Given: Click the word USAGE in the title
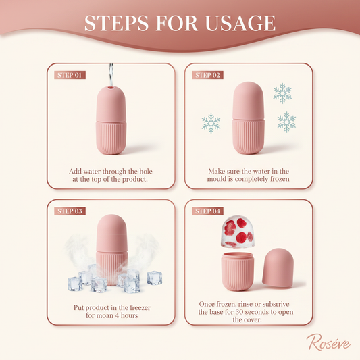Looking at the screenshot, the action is click(x=240, y=23).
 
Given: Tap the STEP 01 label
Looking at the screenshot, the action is click(x=70, y=75).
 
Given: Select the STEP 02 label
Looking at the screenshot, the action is click(x=207, y=75).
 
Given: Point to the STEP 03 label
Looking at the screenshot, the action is click(x=70, y=211).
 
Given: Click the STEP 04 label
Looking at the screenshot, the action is click(x=207, y=211).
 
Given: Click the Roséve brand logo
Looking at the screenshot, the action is click(x=328, y=342).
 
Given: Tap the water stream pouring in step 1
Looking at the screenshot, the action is click(x=111, y=75).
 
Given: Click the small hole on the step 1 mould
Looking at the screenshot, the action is click(x=111, y=88).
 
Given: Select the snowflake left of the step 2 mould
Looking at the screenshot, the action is click(x=211, y=124).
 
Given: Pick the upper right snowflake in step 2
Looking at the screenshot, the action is click(x=282, y=93).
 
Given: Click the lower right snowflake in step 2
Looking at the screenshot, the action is click(x=287, y=122).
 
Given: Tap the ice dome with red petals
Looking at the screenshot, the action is click(x=238, y=232).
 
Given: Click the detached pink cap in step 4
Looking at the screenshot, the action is click(x=278, y=268).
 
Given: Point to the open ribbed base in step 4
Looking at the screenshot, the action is click(x=238, y=272).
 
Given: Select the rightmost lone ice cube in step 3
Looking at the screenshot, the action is click(x=155, y=278).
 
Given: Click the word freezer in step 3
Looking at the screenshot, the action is click(x=140, y=307).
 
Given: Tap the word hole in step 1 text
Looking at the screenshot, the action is click(x=146, y=172).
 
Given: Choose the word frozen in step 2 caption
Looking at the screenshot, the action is click(x=280, y=179).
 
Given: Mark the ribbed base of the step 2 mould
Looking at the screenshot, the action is click(x=248, y=136).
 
